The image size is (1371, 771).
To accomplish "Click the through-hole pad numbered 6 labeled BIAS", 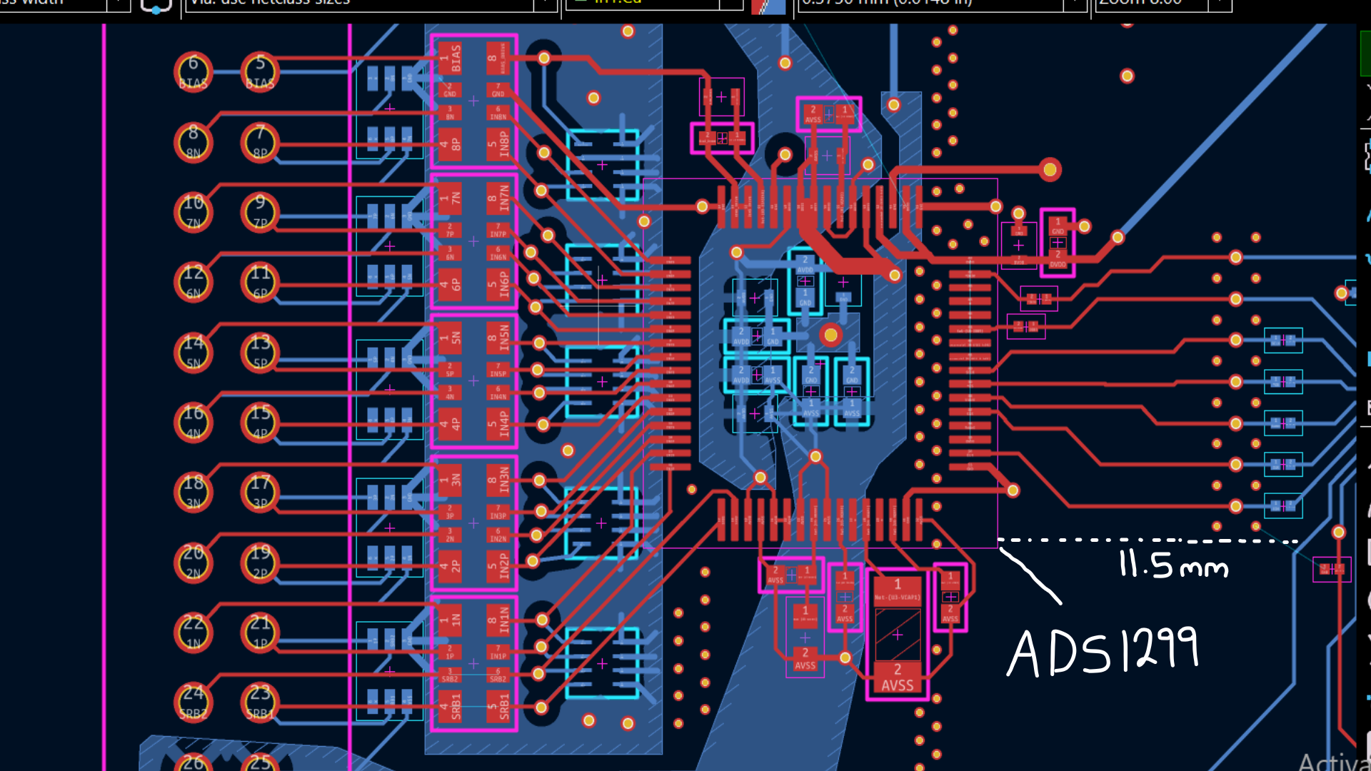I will (193, 72).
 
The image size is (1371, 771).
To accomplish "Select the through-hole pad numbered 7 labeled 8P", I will (260, 142).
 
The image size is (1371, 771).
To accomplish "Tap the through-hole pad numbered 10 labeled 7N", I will (193, 212).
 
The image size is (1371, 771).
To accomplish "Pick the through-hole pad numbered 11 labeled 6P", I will (260, 282).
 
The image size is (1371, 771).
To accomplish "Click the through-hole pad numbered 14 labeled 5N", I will (193, 352).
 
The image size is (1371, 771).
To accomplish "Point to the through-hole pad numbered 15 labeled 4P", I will (260, 422).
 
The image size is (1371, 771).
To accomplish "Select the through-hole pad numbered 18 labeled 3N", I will (193, 492).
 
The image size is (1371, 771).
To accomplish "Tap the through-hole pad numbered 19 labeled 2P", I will (260, 562).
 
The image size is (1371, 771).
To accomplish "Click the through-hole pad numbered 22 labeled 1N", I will (193, 632).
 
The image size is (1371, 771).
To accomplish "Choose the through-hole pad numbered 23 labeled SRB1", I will (260, 702).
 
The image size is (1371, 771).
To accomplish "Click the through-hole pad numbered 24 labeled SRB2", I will (193, 702).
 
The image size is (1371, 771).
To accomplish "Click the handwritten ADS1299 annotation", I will (1103, 651).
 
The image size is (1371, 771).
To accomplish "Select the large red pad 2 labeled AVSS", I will (898, 679).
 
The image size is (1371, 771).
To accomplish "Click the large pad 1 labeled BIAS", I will (450, 57).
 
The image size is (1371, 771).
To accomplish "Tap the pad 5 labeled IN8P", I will (498, 143).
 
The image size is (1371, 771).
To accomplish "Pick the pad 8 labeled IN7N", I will (498, 198).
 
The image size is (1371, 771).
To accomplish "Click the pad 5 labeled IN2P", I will (498, 565).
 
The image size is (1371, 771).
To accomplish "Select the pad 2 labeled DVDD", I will (1058, 258).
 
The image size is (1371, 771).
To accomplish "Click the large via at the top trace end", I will (1050, 169).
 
